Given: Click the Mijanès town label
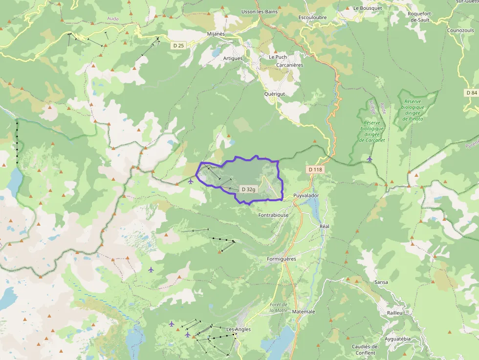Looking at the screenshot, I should point(216,34).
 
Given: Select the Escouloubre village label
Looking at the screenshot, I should point(312,18).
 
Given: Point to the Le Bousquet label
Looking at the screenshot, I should point(367,8).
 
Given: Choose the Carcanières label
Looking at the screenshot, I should point(290,65).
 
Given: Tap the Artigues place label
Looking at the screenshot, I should point(233,59).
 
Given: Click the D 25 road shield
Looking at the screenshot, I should point(178,45).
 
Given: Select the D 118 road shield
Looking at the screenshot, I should point(316,169).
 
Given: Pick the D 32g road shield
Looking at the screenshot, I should point(248,189).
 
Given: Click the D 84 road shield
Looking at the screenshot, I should point(471,93).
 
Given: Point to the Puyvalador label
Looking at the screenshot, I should point(306,195).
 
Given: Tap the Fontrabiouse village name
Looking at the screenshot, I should point(273,215).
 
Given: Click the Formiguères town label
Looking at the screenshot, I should point(282,259).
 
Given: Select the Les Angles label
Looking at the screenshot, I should point(239,329).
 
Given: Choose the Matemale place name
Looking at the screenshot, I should point(304,311).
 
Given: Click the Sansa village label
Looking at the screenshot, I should point(381,282).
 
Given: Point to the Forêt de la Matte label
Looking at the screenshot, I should point(279,307).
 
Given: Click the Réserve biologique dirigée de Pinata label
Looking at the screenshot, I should point(413,110).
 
